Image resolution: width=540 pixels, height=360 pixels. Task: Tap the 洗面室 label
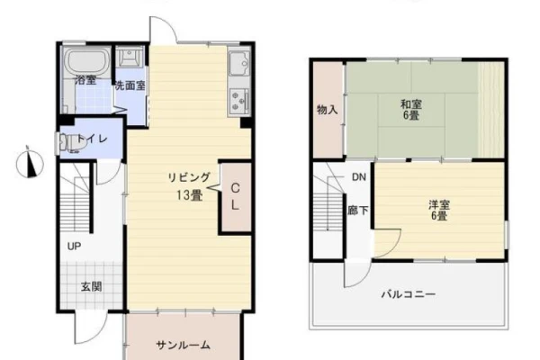tap(130, 85)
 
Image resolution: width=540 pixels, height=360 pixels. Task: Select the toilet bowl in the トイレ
tap(71, 142)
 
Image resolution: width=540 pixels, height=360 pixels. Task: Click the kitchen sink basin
tap(239, 63)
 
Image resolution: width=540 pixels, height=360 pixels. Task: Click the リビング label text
tap(189, 178)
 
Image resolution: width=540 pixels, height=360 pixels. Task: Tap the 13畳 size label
tap(189, 195)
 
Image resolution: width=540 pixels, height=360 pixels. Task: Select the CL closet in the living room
tap(236, 197)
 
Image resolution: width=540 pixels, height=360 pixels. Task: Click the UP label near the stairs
tap(74, 247)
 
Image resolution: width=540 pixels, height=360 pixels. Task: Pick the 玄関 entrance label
tap(91, 286)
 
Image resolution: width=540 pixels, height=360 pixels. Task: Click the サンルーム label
tap(183, 345)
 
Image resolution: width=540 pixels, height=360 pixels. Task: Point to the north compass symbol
tap(30, 162)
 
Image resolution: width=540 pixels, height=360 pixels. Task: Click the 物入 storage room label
tap(328, 110)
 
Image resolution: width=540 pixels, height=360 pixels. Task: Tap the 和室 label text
tap(411, 103)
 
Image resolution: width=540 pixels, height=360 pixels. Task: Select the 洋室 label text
tap(439, 204)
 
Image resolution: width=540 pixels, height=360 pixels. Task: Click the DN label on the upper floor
tap(359, 177)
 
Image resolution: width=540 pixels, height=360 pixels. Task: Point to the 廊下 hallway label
tap(358, 210)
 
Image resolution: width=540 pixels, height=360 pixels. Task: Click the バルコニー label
tap(409, 294)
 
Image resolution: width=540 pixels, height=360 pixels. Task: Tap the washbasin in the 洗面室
tap(130, 57)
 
